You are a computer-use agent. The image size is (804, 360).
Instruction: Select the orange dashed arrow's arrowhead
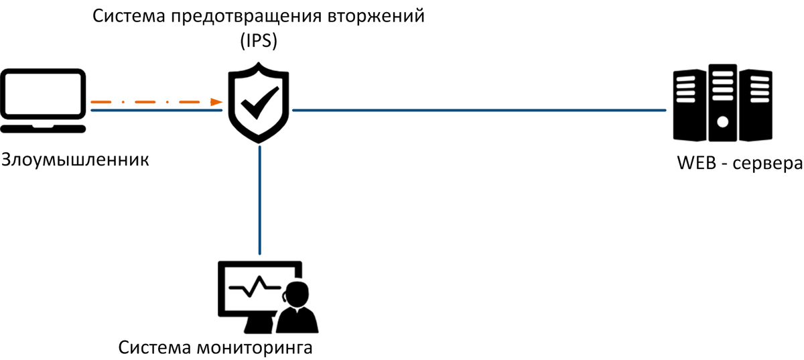pyautogui.click(x=216, y=102)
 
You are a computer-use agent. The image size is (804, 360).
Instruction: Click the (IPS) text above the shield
pyautogui.click(x=259, y=40)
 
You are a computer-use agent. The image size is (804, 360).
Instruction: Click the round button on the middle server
pyautogui.click(x=722, y=122)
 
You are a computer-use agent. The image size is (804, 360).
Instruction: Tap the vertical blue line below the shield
pyautogui.click(x=259, y=201)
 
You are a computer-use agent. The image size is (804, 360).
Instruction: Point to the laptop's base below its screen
pyautogui.click(x=44, y=127)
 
